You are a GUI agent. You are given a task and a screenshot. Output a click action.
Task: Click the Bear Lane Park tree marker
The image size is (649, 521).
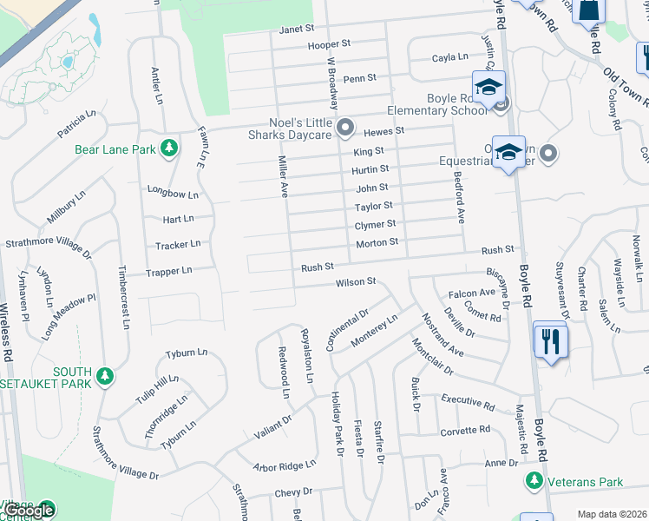pos(169,149)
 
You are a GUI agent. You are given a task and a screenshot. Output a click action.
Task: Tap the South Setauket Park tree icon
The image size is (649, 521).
pos(105,376)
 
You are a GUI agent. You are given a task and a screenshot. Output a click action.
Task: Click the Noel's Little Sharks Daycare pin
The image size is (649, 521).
pos(345,129)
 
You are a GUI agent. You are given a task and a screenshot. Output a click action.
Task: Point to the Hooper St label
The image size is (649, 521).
pos(328,43)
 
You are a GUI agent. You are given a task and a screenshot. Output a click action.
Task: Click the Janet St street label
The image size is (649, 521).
pos(296,29)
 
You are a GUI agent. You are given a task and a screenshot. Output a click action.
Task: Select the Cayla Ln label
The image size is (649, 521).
pos(450,58)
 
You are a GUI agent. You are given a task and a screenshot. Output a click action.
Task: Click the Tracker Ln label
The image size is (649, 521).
pos(178,245)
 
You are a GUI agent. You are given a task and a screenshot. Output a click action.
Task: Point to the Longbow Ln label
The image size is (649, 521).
pos(174,194)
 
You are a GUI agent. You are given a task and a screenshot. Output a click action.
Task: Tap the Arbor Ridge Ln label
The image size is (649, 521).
pos(285,466)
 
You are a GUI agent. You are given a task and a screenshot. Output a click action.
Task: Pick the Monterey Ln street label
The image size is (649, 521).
pos(374,331)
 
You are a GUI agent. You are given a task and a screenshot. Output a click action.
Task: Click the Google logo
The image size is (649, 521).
pos(29,511)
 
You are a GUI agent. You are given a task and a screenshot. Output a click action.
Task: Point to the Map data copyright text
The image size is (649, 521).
pos(612,514)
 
